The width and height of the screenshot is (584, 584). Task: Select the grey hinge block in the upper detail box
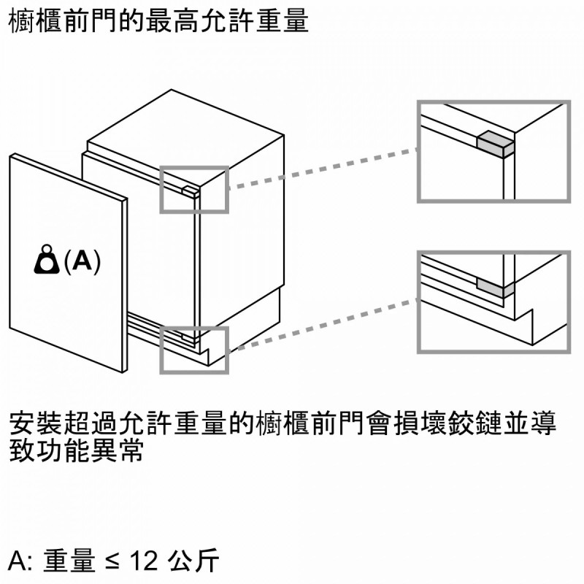tap(495, 142)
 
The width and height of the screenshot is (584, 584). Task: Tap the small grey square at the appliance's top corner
tap(190, 191)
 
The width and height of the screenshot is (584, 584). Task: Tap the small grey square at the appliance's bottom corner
tap(191, 337)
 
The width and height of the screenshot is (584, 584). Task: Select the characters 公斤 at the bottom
tap(192, 561)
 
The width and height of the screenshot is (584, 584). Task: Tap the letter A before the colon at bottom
tap(18, 561)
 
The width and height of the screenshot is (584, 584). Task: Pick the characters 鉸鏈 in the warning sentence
tap(457, 423)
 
